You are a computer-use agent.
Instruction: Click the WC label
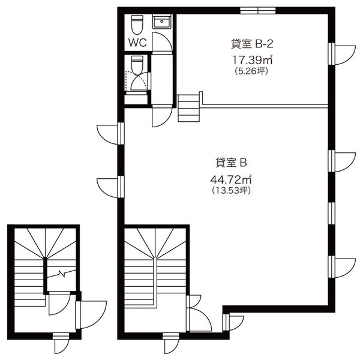tap(137, 43)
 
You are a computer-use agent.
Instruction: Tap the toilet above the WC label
tap(137, 25)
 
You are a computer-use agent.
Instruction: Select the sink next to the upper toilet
tap(162, 22)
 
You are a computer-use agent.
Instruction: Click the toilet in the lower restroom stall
tap(137, 65)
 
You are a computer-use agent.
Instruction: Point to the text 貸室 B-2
tap(252, 44)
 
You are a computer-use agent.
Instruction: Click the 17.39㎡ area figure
tap(253, 59)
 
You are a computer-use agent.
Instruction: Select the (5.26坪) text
tap(251, 71)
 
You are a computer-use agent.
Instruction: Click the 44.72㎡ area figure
tap(231, 179)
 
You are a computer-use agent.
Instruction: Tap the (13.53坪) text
tap(231, 190)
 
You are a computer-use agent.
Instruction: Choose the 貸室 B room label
tap(231, 163)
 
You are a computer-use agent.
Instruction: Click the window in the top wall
tap(258, 11)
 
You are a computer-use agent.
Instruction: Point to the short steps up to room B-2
tap(189, 108)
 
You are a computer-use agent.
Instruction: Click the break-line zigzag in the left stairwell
tap(62, 274)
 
